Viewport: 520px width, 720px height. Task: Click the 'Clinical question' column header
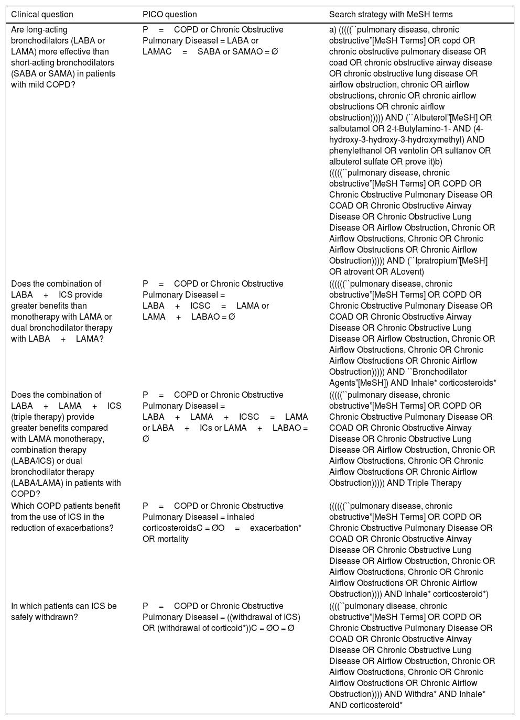pyautogui.click(x=42, y=15)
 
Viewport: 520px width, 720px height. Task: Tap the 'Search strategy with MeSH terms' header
pyautogui.click(x=391, y=15)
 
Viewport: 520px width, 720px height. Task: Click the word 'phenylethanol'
pyautogui.click(x=354, y=151)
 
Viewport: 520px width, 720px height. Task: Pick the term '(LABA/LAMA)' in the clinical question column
pyautogui.click(x=34, y=483)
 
